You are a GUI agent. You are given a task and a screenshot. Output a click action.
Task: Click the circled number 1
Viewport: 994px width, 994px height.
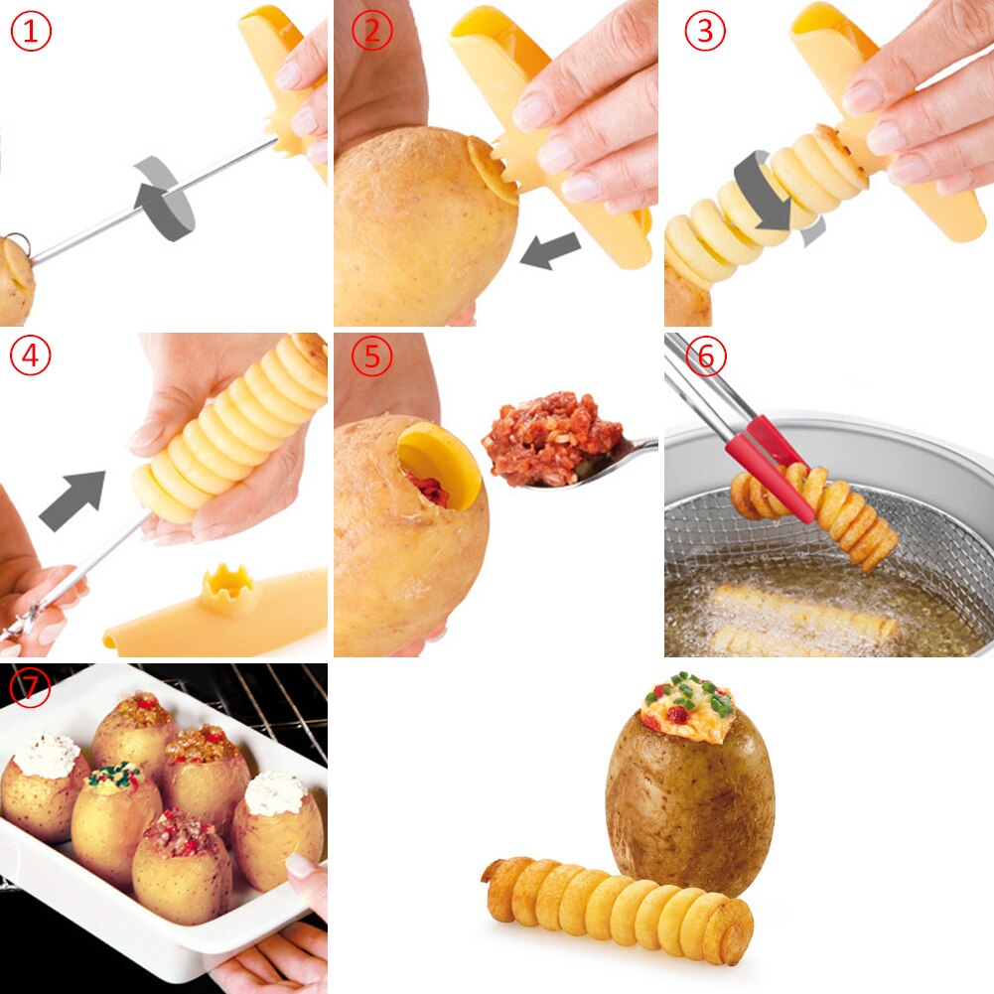pyautogui.click(x=31, y=31)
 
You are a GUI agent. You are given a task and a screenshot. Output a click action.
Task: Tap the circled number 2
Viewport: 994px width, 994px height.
pyautogui.click(x=372, y=31)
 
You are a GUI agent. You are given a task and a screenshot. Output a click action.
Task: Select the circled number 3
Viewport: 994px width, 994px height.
pyautogui.click(x=705, y=31)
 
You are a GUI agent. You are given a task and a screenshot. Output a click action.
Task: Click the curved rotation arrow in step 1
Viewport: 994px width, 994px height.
pyautogui.click(x=164, y=199)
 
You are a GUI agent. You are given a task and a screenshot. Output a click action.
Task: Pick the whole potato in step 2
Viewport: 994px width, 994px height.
pyautogui.click(x=422, y=233)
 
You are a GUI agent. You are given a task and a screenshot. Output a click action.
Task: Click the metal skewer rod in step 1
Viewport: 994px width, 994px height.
pyautogui.click(x=149, y=199)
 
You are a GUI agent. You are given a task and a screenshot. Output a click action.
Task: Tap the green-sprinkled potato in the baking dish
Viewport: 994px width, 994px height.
pyautogui.click(x=114, y=814)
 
